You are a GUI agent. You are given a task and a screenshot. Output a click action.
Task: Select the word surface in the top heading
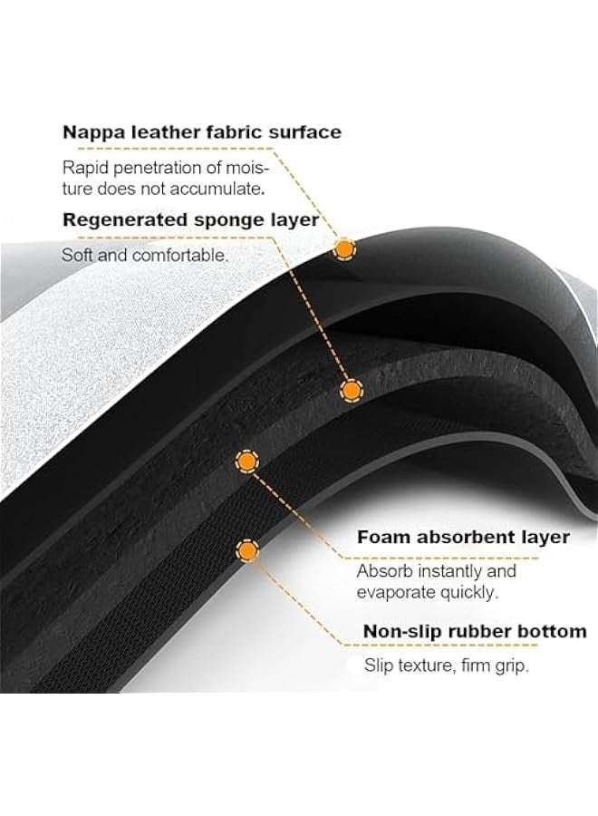pos(304,131)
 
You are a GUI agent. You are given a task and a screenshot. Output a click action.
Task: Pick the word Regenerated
pos(125,220)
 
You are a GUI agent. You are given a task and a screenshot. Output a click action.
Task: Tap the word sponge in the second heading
pos(227,220)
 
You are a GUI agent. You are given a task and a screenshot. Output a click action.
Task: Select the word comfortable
pos(180,255)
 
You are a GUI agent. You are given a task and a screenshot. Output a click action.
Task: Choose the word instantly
pos(449,571)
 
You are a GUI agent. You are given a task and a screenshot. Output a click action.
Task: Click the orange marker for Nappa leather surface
pos(343,250)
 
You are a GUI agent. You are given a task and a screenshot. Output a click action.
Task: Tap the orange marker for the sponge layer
pos(351,390)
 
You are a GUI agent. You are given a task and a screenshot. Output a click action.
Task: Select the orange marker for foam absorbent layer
pos(247,461)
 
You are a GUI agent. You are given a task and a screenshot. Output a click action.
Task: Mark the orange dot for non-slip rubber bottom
pos(248,550)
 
